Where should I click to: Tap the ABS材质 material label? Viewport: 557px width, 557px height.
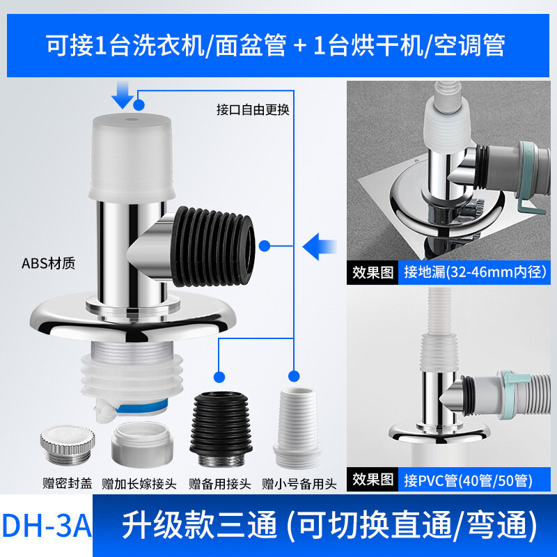48,264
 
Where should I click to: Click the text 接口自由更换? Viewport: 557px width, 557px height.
253,110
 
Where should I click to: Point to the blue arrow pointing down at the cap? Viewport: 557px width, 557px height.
123,95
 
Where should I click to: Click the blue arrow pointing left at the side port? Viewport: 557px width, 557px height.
320,246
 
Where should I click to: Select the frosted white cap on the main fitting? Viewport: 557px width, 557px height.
132,157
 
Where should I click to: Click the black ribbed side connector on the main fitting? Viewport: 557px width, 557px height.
212,247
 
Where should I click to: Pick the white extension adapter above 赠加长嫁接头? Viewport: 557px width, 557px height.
142,445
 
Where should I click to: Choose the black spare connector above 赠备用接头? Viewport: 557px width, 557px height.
221,429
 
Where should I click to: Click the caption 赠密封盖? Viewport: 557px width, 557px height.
67,483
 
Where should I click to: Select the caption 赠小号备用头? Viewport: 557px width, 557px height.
299,484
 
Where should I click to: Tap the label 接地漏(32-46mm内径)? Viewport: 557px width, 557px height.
475,272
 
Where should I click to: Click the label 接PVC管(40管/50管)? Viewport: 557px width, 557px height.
468,480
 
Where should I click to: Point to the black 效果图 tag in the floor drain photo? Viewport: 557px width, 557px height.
372,272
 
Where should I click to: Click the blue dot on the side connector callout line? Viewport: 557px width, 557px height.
265,246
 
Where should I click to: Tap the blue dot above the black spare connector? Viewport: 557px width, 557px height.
219,377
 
